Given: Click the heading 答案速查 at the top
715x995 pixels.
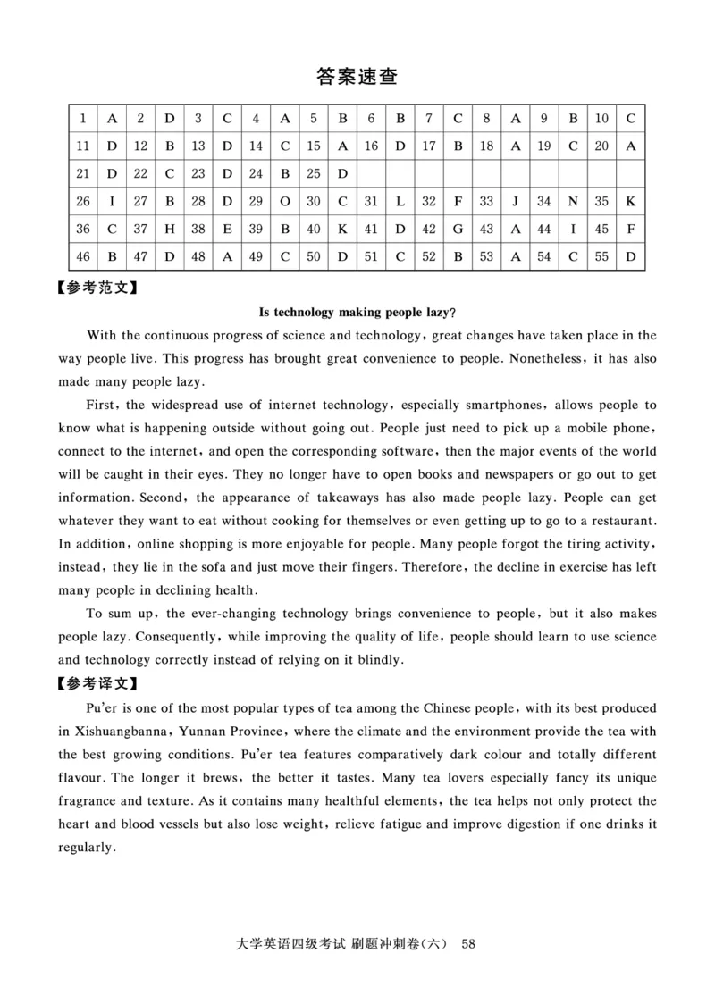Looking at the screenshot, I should pyautogui.click(x=357, y=77).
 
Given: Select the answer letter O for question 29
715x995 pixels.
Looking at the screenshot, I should pyautogui.click(x=284, y=202).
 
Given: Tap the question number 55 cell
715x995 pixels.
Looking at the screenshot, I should pyautogui.click(x=602, y=257).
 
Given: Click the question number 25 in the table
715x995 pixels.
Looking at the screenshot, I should pyautogui.click(x=314, y=173).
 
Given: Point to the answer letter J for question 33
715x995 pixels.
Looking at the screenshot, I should pyautogui.click(x=516, y=202).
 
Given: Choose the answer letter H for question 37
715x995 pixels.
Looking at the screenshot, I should pyautogui.click(x=170, y=230).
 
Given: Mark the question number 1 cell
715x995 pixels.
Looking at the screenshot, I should pyautogui.click(x=83, y=118).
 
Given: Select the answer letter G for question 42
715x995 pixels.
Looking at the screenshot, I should pyautogui.click(x=458, y=230).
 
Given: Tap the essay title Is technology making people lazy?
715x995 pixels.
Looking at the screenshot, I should pyautogui.click(x=357, y=313).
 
